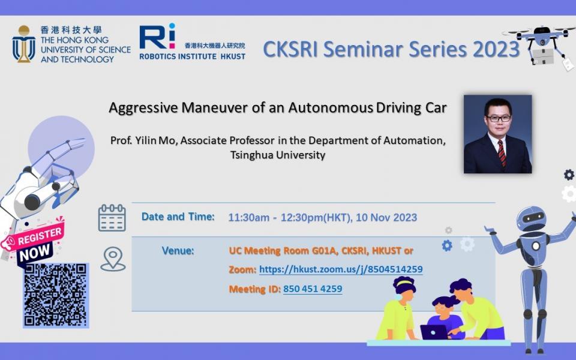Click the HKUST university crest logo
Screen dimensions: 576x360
click(x=24, y=44)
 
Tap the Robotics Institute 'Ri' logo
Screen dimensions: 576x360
click(x=157, y=36)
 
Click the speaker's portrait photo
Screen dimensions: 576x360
click(x=498, y=134)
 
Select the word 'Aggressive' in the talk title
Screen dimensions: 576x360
click(x=143, y=108)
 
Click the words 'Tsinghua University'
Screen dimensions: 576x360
click(x=278, y=155)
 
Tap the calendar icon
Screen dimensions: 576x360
click(x=112, y=218)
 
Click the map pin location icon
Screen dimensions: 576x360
click(x=113, y=259)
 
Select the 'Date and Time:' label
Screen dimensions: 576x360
click(x=178, y=217)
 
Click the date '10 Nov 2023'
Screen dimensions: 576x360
click(x=386, y=217)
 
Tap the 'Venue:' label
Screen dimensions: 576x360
click(x=178, y=251)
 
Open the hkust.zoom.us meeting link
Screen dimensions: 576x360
click(x=341, y=269)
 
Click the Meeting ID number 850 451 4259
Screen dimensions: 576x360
click(x=313, y=289)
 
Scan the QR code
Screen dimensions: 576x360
click(x=56, y=295)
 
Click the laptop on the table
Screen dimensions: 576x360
click(x=434, y=332)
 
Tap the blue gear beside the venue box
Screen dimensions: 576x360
click(x=447, y=245)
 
